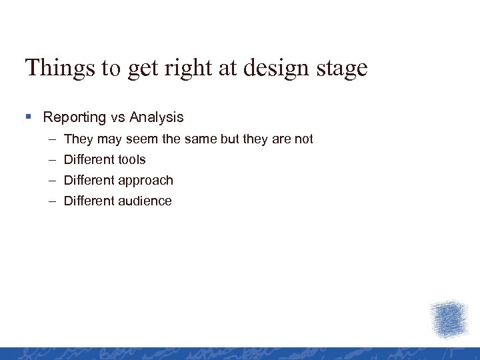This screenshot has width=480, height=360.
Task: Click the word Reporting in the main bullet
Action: click(75, 118)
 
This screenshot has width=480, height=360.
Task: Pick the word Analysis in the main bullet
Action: click(157, 118)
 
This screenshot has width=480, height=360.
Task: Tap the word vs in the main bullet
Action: click(118, 118)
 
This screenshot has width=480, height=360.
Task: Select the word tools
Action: click(131, 160)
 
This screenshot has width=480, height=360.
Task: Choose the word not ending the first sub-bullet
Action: click(303, 139)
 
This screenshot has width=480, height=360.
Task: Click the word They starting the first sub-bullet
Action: click(78, 139)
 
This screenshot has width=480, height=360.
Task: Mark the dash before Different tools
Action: click(52, 160)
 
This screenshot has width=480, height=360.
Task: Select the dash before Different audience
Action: click(52, 201)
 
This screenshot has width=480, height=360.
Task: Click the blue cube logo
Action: click(448, 319)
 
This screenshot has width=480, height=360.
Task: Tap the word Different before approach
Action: click(89, 181)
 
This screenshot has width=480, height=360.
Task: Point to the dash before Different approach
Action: click(52, 181)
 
